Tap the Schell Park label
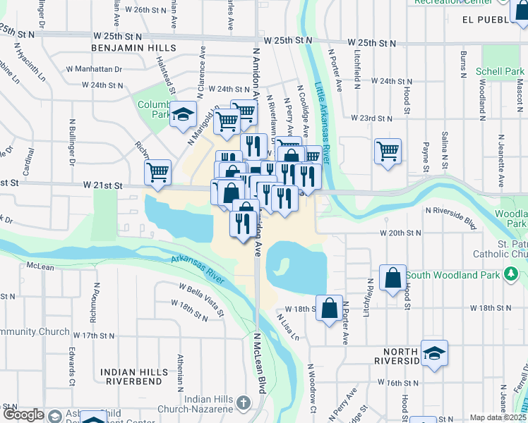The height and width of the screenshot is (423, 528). [x=500, y=72]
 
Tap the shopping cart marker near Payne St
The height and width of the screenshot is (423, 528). [x=388, y=151]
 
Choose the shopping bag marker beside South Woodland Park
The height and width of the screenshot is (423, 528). [x=393, y=278]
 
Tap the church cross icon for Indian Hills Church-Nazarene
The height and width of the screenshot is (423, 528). [x=243, y=403]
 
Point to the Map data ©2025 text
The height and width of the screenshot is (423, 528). [x=498, y=417]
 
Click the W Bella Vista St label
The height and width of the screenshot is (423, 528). [x=201, y=300]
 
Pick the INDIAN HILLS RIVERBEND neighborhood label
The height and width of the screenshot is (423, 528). [x=134, y=376]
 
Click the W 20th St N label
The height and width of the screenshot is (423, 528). [x=400, y=232]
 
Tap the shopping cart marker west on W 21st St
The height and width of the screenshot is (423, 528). [x=158, y=171]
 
